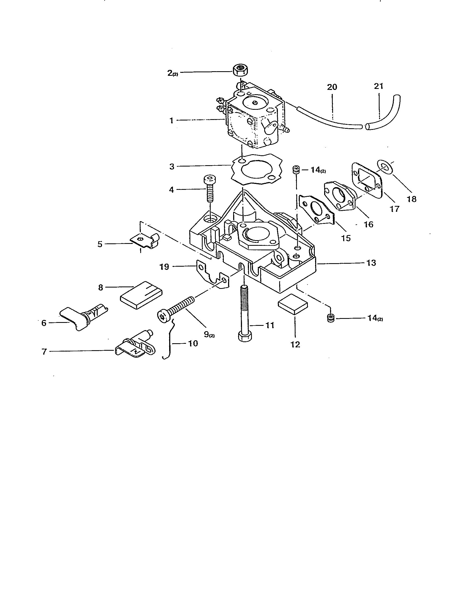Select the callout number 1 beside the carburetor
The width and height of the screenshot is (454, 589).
click(172, 120)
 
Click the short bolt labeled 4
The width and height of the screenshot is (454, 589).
click(210, 188)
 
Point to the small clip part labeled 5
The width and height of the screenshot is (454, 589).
click(145, 241)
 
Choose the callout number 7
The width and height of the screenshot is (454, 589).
click(44, 352)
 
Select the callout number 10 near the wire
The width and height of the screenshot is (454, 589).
click(193, 343)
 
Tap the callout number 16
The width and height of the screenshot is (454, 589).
click(368, 224)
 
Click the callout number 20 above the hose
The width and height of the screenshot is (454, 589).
click(332, 87)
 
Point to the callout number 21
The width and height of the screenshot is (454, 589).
click(379, 86)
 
